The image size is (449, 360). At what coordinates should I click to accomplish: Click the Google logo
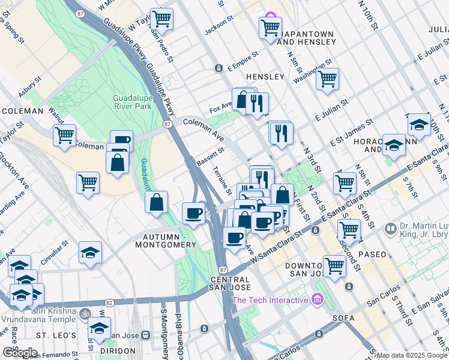click(20, 352)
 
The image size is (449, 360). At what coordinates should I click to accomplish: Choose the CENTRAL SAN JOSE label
click(230, 284)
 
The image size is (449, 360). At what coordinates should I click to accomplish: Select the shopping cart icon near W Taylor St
click(161, 19)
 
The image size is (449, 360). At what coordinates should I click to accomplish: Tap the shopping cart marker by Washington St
click(327, 79)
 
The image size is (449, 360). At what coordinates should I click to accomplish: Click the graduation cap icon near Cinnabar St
click(90, 253)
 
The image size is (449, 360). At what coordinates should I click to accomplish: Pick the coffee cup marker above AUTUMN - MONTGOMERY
click(194, 213)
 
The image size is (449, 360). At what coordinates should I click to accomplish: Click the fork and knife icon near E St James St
click(281, 133)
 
